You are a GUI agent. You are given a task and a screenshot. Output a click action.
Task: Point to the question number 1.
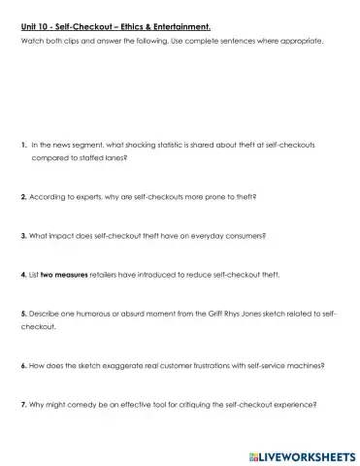pos(23,144)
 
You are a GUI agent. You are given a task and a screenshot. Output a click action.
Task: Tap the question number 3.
pos(23,235)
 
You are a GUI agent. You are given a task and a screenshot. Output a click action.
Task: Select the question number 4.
pos(23,275)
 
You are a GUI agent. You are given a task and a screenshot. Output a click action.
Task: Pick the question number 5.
pos(23,315)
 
